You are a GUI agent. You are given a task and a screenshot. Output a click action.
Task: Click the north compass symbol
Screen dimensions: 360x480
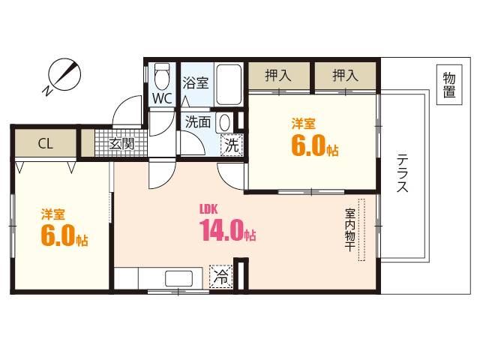(63, 75)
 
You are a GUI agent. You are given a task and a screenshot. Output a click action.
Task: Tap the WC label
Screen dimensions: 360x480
(162, 98)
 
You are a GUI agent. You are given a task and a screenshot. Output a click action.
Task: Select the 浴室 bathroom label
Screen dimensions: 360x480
(196, 82)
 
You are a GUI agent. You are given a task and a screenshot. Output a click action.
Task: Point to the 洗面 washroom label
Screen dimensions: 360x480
(198, 121)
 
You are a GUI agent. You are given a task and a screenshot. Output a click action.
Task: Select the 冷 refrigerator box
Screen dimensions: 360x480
(220, 277)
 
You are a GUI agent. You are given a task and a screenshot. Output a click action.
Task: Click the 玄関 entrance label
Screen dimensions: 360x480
(121, 143)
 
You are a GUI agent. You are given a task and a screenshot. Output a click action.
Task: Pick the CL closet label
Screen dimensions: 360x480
(45, 143)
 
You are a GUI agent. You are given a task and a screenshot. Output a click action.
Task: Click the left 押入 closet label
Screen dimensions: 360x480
(279, 75)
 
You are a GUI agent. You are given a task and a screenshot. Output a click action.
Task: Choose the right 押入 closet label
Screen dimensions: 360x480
(344, 75)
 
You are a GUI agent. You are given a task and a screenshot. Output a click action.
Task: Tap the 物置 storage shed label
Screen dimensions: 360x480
(448, 85)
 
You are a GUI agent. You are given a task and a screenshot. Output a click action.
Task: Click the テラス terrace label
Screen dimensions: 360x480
(403, 174)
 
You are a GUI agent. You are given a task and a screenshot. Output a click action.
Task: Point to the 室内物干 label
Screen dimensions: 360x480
(349, 229)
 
